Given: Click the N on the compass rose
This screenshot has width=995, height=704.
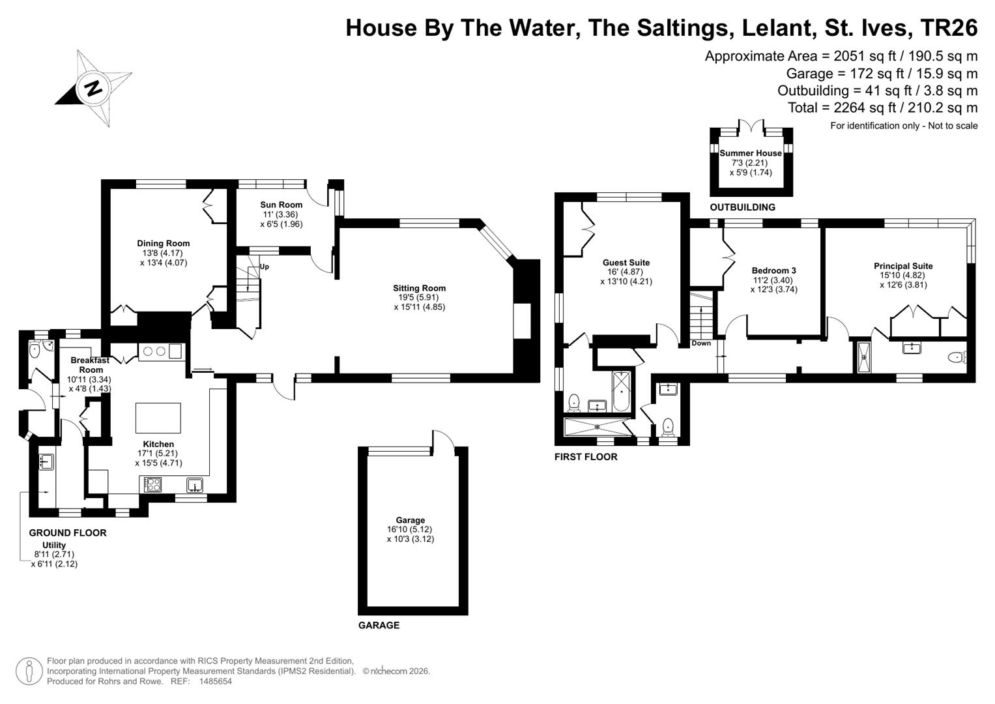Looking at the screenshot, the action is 94,89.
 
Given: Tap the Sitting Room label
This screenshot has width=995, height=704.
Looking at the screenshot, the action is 419,288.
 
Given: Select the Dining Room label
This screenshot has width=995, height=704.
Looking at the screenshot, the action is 163,243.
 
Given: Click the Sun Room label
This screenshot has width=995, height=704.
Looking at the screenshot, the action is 281,205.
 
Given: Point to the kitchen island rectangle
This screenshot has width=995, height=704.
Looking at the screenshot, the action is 158,418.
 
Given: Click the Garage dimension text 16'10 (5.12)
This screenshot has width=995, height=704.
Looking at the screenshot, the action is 410,529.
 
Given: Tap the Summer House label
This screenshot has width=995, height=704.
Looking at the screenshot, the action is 751,153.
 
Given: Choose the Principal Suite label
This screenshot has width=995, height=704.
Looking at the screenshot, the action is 903,266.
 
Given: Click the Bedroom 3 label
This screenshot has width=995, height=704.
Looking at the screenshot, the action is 774,271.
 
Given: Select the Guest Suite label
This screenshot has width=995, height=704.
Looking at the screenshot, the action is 626,262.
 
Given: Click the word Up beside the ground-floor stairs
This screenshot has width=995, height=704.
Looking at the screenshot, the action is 265,267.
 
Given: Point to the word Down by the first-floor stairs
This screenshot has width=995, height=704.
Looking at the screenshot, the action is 701,343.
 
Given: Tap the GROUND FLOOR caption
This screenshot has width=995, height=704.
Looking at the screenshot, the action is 68,533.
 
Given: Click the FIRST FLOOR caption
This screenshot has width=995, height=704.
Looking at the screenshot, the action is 586,456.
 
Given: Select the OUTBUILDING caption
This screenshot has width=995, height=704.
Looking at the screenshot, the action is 742,207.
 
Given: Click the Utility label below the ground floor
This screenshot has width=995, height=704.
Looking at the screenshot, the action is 54,545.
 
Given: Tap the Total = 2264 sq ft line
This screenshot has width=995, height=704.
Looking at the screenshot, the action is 883,107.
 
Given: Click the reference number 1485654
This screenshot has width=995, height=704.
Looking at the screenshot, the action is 216,681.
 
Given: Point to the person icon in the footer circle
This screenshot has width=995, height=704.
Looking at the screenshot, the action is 29,671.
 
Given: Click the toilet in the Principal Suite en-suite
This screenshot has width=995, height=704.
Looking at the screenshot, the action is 958,357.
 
